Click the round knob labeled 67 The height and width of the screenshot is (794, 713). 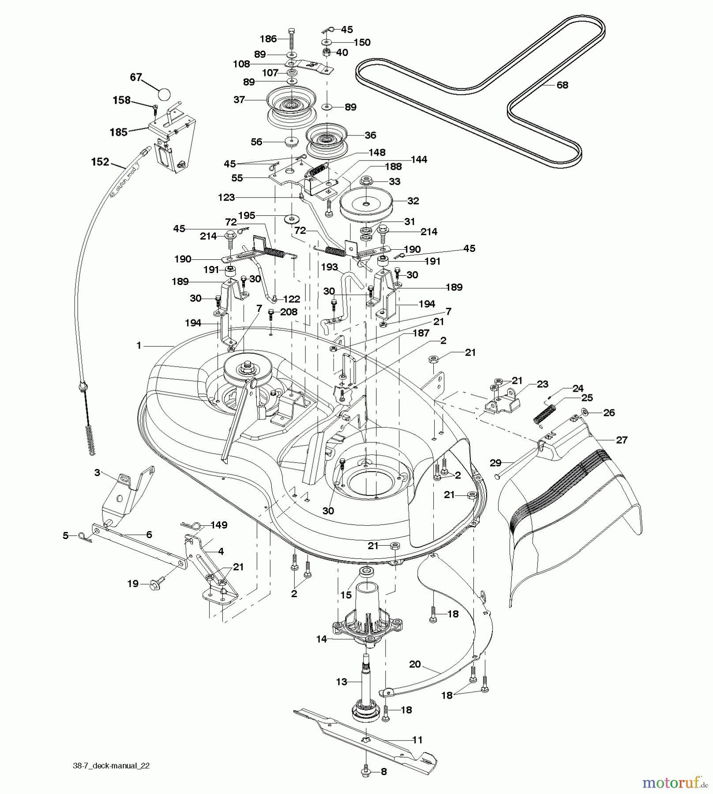pos(163,94)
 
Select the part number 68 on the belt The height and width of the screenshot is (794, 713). pos(563,85)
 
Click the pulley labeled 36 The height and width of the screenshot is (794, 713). pos(326,138)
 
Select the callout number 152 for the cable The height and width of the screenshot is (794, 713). pos(100,162)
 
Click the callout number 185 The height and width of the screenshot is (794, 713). pos(118,132)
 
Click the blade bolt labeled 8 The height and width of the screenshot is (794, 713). pos(367,772)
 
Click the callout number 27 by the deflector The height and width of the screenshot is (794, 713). pos(621,440)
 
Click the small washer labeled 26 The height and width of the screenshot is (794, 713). pos(585,412)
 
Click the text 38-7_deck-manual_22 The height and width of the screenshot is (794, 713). pos(111,766)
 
